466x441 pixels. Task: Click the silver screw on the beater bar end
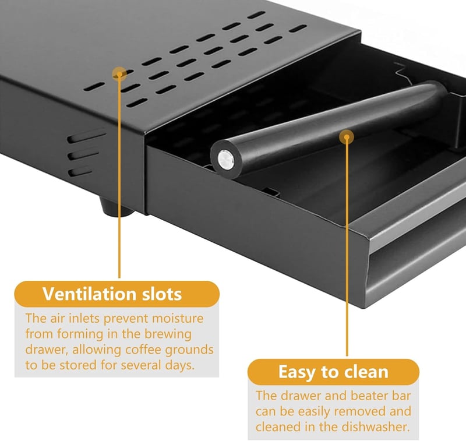225,160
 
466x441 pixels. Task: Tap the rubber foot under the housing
115,206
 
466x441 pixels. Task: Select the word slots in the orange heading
162,294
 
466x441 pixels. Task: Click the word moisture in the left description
178,318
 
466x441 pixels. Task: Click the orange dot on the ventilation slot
119,74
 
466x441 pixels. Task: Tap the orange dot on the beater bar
347,137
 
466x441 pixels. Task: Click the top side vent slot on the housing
86,136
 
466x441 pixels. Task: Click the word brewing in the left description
168,334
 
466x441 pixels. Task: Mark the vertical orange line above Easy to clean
347,246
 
